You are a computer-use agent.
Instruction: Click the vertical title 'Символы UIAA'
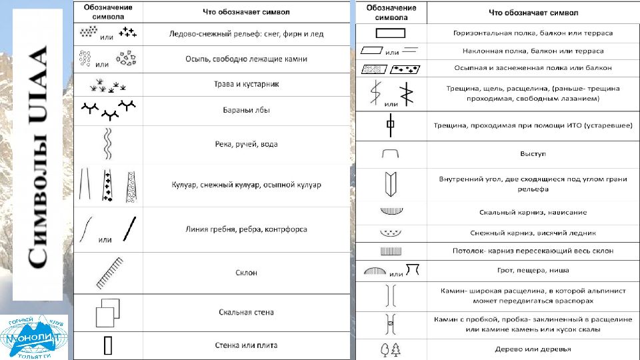[37, 157]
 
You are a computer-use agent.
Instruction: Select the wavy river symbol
[107, 144]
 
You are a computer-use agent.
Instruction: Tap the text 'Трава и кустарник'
[246, 84]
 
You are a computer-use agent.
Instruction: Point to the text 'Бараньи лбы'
[246, 110]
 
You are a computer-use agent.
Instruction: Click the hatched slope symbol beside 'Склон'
[110, 273]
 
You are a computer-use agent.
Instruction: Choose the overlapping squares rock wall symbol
[108, 313]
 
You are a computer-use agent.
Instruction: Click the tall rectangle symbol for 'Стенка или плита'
[108, 345]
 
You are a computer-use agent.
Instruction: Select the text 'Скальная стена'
[246, 312]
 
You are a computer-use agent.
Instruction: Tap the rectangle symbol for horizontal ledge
[390, 33]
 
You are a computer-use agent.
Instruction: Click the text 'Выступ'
[533, 154]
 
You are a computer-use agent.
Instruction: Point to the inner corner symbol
[391, 184]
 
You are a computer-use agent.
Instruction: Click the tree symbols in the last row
[391, 349]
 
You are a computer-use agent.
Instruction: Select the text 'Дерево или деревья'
[533, 349]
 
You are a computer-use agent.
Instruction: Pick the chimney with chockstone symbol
[391, 325]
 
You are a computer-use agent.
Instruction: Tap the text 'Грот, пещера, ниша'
[533, 270]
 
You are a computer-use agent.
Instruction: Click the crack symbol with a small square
[391, 125]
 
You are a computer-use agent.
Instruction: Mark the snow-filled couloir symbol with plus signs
[107, 185]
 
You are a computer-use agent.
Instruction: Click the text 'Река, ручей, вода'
[246, 144]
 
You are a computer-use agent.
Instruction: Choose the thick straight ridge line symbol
[130, 229]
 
